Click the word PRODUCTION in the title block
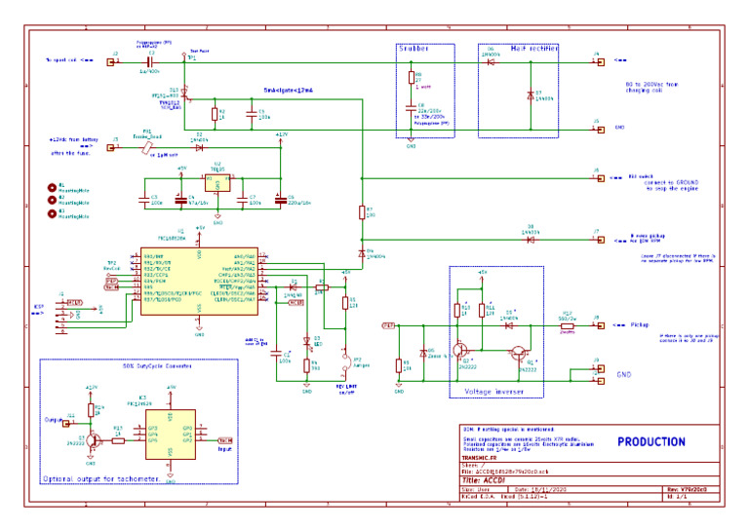tap(650, 442)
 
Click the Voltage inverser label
tap(493, 391)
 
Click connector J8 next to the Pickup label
tap(600, 324)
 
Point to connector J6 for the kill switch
tap(600, 178)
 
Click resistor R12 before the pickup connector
tap(566, 324)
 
